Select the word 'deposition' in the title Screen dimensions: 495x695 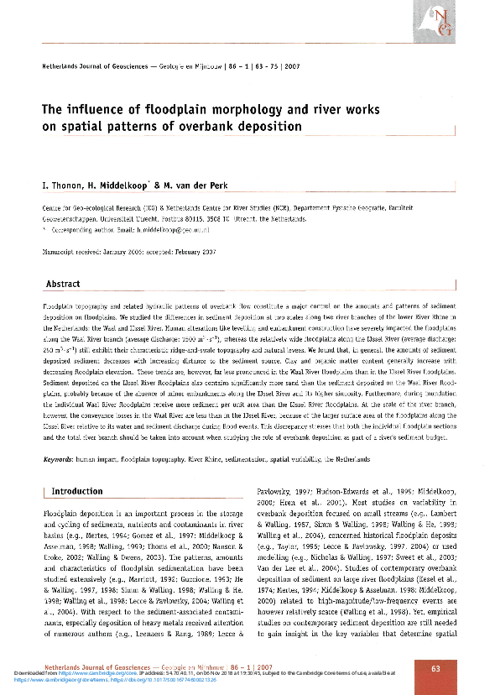(270, 127)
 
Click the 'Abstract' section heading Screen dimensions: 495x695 (63, 284)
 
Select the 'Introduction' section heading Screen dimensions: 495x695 (77, 491)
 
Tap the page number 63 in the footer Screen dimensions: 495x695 (435, 668)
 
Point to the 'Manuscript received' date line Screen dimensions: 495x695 (129, 251)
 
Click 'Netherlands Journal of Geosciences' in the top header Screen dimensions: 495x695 (97, 65)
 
